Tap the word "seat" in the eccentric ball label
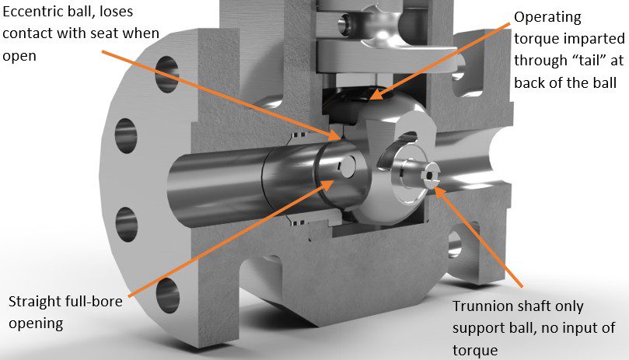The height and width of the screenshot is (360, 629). click(131, 35)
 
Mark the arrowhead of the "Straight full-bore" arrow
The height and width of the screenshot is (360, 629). click(336, 181)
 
